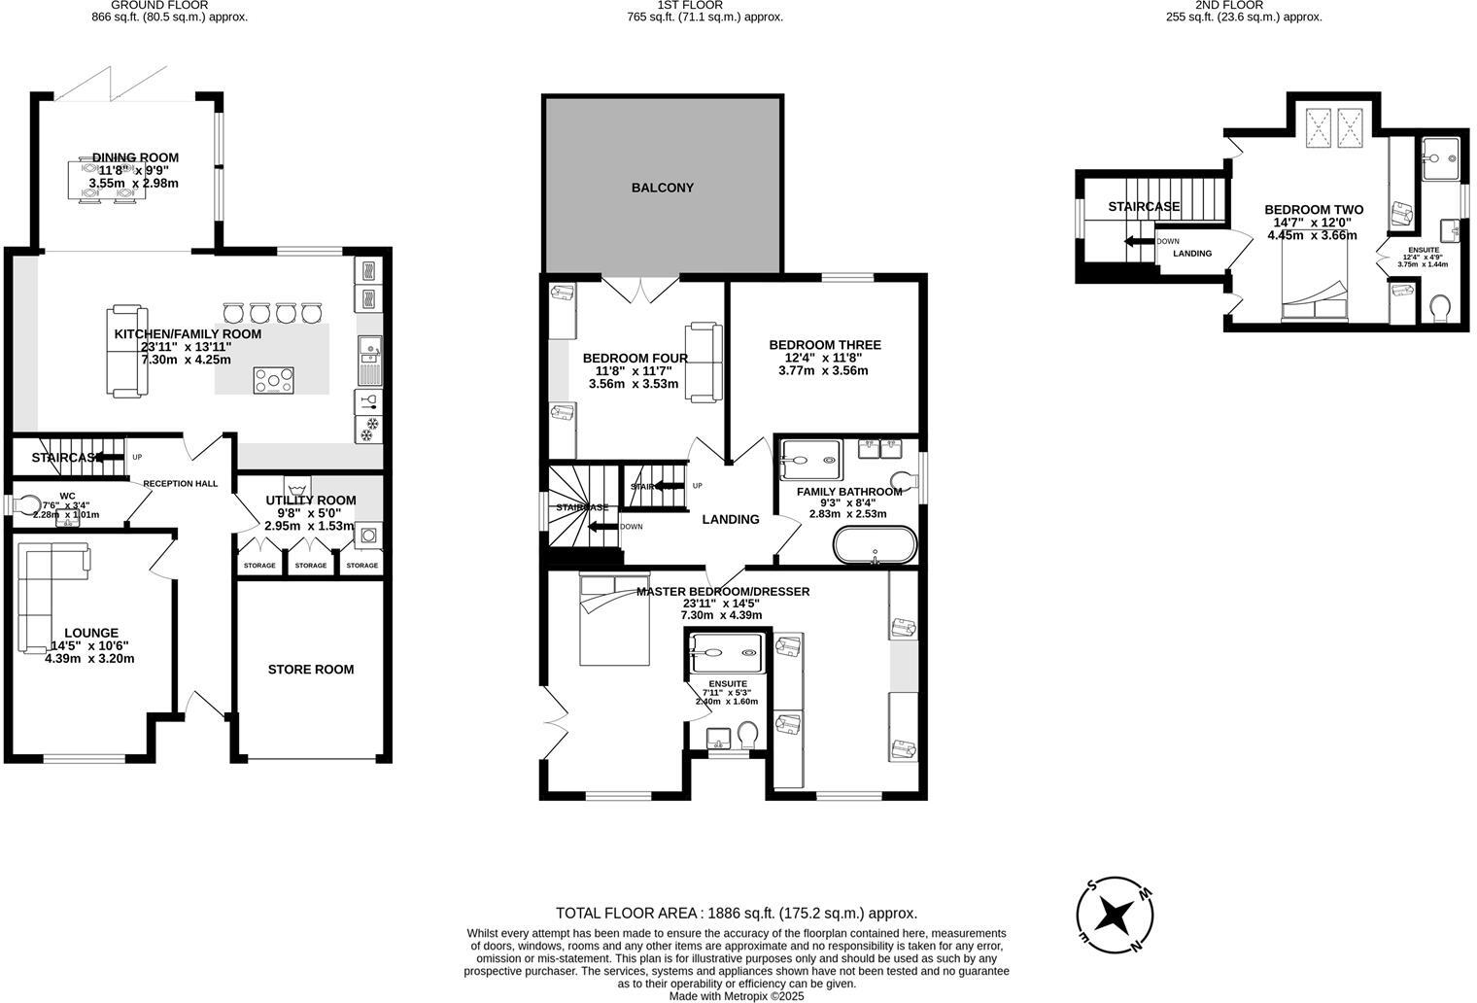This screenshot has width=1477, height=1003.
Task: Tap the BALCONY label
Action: coord(663,188)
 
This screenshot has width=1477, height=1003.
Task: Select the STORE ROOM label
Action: coord(311,669)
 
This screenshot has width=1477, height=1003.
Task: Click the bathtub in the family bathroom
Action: coord(875,545)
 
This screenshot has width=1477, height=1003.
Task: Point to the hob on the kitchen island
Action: coord(274,380)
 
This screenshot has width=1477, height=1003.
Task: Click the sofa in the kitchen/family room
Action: coord(126,351)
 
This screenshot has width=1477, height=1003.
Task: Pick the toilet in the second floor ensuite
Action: coord(1440,308)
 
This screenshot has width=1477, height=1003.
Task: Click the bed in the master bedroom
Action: coord(614,620)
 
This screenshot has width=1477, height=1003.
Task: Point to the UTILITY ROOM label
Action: coord(311,501)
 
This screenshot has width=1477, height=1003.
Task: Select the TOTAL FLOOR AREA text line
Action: coord(736,913)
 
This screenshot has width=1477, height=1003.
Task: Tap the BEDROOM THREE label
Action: coord(825,345)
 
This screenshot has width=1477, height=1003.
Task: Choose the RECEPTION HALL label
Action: coord(181,483)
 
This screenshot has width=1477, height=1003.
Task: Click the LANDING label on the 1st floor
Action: coord(731,519)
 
